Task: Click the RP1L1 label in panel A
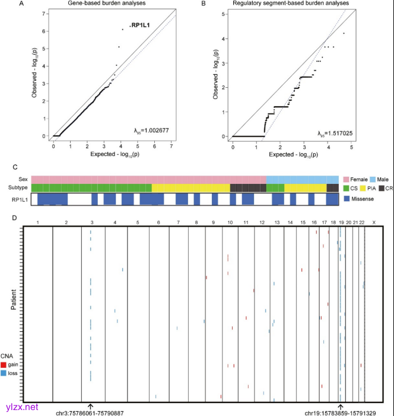coord(141,25)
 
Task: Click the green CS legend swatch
coord(348,188)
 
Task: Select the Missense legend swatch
coord(348,198)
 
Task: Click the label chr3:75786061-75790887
coord(89,412)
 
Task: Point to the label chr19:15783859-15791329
coord(340,412)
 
